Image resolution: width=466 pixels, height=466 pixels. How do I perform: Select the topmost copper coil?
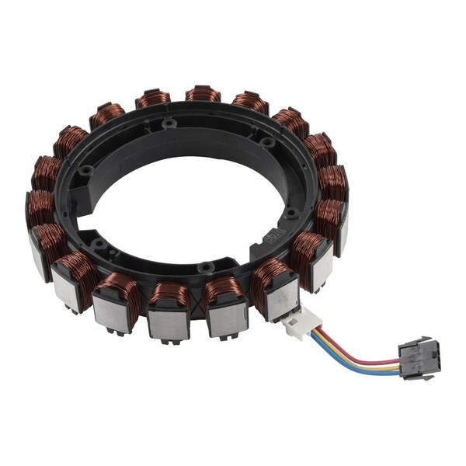click(203, 94)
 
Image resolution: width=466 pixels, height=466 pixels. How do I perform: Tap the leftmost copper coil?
click(39, 206)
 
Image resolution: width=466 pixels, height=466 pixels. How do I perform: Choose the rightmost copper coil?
click(333, 183)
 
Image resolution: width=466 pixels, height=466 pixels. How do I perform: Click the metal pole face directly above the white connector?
click(280, 298)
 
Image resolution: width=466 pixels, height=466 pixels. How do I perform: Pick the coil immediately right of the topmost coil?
click(250, 101)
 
